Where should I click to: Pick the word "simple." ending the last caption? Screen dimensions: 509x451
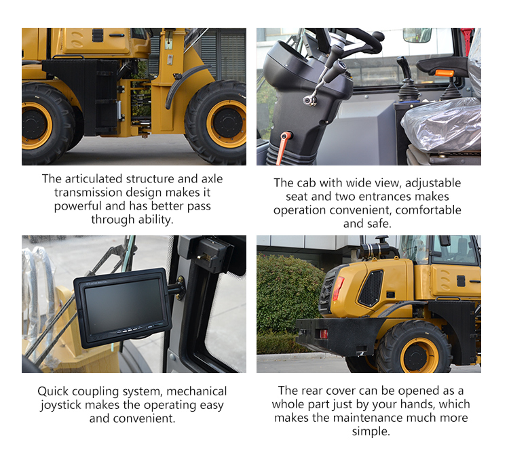pyautogui.click(x=371, y=432)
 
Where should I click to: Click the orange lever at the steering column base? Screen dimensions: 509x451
pyautogui.click(x=283, y=147)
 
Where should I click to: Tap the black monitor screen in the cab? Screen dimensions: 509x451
pyautogui.click(x=124, y=307)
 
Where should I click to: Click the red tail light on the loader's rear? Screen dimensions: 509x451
pyautogui.click(x=338, y=288)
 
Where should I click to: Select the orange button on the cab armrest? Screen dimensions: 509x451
pyautogui.click(x=444, y=73)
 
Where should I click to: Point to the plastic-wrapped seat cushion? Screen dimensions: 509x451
pyautogui.click(x=442, y=124)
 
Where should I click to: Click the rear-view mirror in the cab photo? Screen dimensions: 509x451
pyautogui.click(x=417, y=35)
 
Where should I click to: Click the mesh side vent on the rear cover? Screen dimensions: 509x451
pyautogui.click(x=371, y=288)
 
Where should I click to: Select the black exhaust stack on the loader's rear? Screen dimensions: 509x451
pyautogui.click(x=375, y=250)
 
